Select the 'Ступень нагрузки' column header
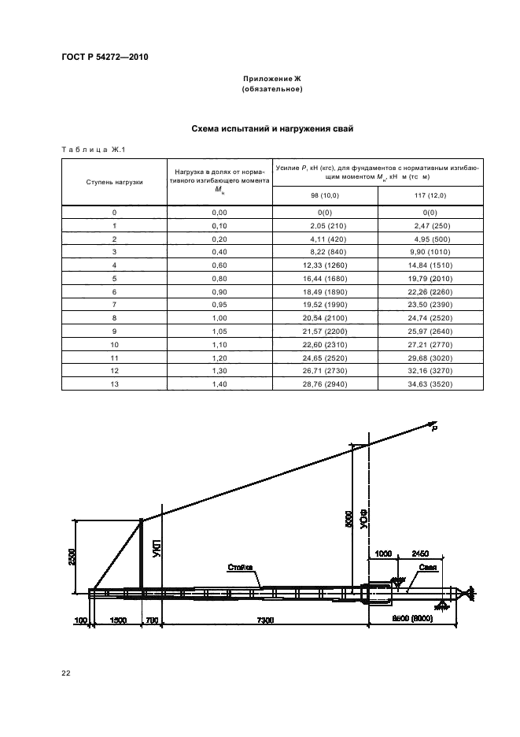(x=114, y=182)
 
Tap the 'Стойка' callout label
(x=239, y=566)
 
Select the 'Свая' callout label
(x=427, y=566)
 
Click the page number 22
(x=66, y=673)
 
